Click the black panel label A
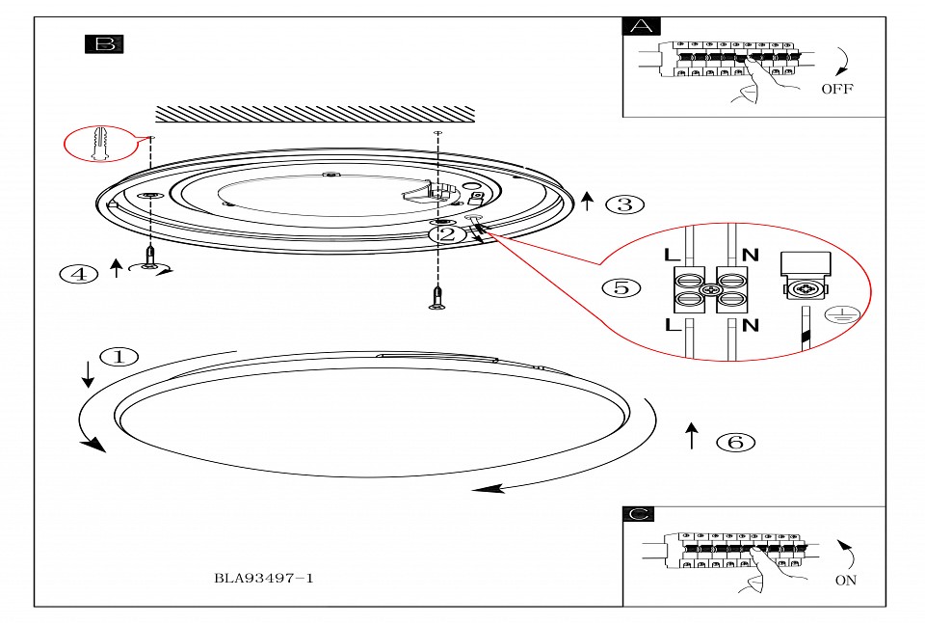pyautogui.click(x=642, y=27)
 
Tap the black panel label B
pyautogui.click(x=104, y=44)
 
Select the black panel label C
pyautogui.click(x=638, y=514)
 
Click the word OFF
pyautogui.click(x=837, y=89)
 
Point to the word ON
pyautogui.click(x=845, y=581)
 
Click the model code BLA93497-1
pyautogui.click(x=264, y=578)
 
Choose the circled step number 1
pyautogui.click(x=119, y=357)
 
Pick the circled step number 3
pyautogui.click(x=625, y=204)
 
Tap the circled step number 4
pyautogui.click(x=78, y=274)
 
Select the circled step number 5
pyautogui.click(x=621, y=287)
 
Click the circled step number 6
pyautogui.click(x=735, y=442)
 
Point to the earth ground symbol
pyautogui.click(x=842, y=315)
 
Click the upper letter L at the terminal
pyautogui.click(x=672, y=255)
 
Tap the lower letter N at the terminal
pyautogui.click(x=750, y=325)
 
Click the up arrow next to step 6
pyautogui.click(x=692, y=436)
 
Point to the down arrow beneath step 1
pyautogui.click(x=88, y=374)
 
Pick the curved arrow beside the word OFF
pyautogui.click(x=844, y=62)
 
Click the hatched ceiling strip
pyautogui.click(x=315, y=114)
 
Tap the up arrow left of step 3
pyautogui.click(x=587, y=201)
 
